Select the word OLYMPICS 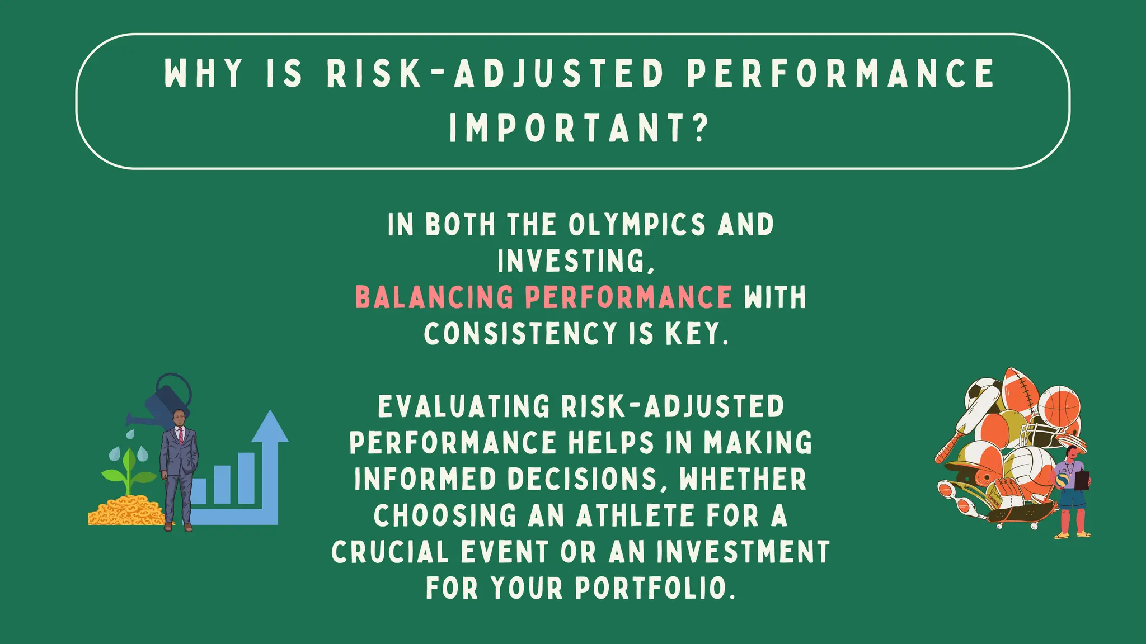637,225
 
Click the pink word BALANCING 434,297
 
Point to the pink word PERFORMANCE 628,297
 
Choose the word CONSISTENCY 520,334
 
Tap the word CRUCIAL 390,552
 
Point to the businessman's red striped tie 180,434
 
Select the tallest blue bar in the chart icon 246,478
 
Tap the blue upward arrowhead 270,428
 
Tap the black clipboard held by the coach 1083,480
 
